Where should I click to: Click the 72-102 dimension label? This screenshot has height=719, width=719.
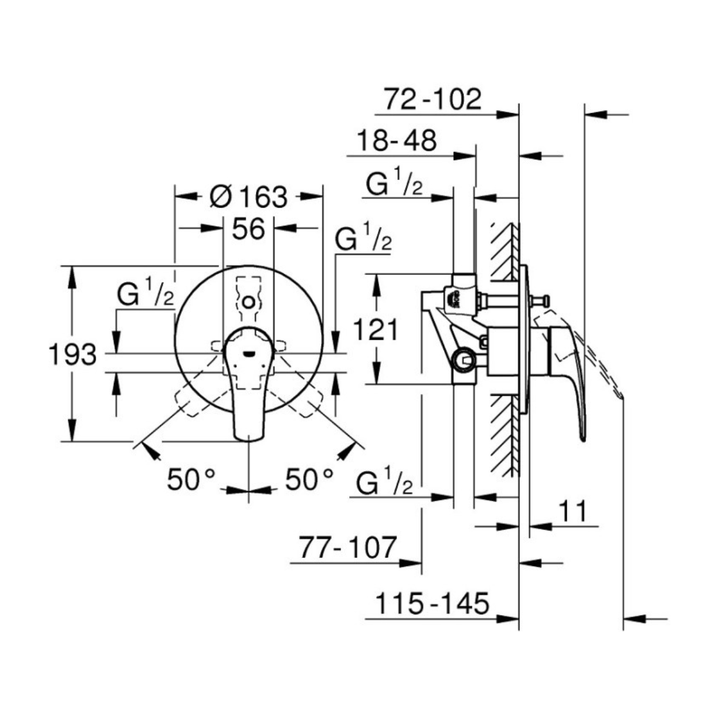pos(433,100)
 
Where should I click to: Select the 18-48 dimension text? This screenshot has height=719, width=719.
pos(397,141)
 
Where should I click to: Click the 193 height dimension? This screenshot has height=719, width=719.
pos(72,354)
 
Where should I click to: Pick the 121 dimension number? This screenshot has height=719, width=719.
pos(376,330)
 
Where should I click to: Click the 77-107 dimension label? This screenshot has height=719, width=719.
pos(347,547)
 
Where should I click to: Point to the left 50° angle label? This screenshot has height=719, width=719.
pos(191,480)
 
